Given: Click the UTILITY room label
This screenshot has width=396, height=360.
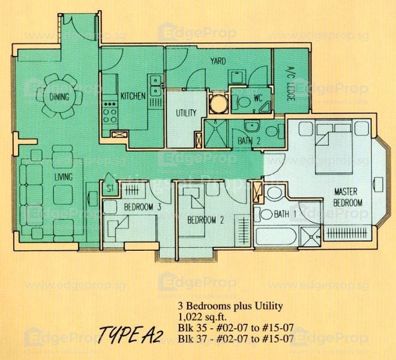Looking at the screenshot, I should click(x=185, y=113).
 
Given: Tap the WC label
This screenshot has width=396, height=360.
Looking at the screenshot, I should click(x=258, y=97).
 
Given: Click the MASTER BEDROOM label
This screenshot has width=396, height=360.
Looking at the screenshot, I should click(x=349, y=197).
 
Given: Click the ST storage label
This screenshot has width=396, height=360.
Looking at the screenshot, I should click(x=110, y=188).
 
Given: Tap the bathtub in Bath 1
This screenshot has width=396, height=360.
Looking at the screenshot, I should click(x=277, y=235).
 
